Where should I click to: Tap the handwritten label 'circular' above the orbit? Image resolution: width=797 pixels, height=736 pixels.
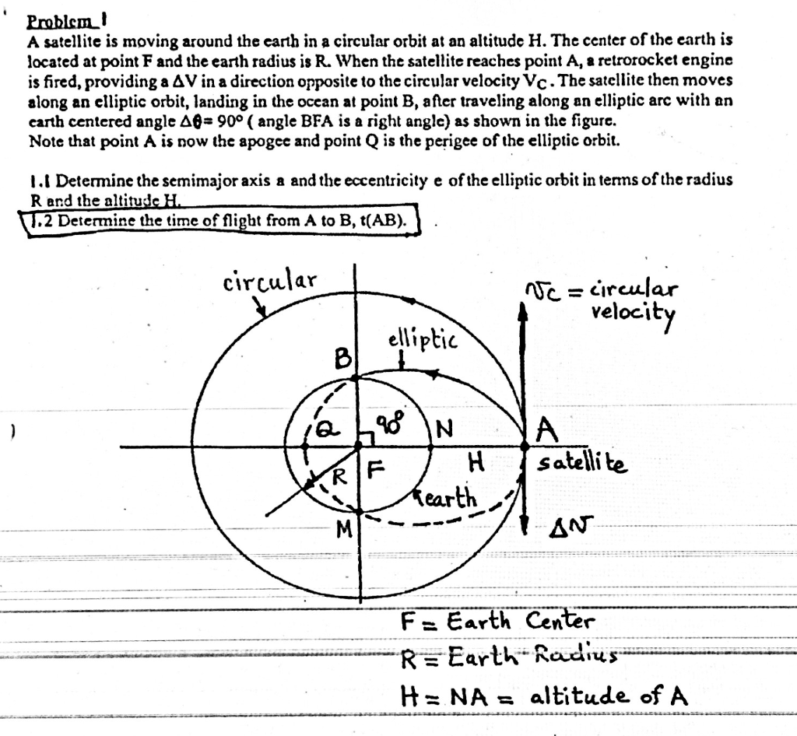click(269, 280)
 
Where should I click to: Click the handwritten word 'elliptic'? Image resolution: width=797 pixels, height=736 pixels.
click(423, 340)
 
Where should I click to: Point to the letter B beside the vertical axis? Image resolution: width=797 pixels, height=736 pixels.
click(343, 359)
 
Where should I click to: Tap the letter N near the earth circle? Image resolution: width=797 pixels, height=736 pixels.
click(444, 429)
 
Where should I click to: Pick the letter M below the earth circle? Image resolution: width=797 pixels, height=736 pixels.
click(345, 531)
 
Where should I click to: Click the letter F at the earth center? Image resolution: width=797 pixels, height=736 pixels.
click(375, 468)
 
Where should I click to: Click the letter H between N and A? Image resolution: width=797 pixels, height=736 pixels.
click(475, 462)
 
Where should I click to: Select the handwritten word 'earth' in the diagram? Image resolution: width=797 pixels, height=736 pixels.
click(447, 499)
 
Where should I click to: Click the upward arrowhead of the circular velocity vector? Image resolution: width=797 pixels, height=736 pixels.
click(522, 311)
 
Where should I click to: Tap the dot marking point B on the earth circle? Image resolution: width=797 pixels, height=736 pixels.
click(356, 378)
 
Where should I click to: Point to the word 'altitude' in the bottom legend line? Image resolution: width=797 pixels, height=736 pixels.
click(579, 695)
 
